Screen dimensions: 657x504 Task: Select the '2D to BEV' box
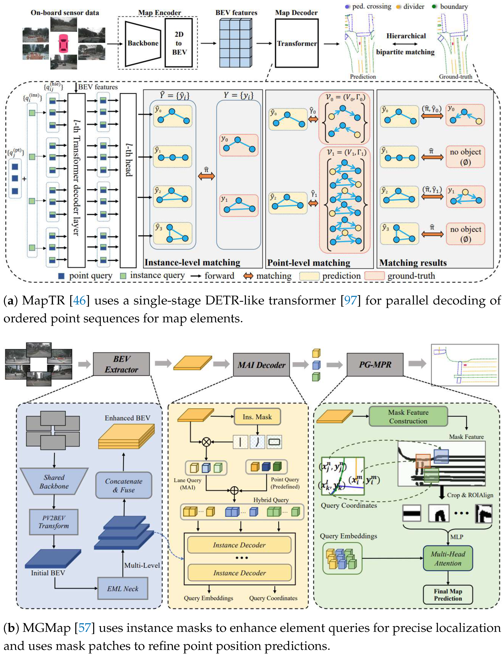point(179,43)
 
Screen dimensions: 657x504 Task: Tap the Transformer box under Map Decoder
point(296,43)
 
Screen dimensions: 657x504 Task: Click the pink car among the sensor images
point(63,43)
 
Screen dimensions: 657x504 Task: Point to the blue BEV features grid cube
point(236,42)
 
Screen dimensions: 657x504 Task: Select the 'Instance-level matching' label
point(192,262)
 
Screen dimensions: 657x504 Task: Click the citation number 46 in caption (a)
point(80,300)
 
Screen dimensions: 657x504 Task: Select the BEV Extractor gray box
point(121,364)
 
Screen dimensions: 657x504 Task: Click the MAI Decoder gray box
point(261,365)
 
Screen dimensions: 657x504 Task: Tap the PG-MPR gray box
point(375,365)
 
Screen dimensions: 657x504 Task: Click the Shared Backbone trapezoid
point(54,482)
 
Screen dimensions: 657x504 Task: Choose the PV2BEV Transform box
point(54,522)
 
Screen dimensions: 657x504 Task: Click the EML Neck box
point(123,589)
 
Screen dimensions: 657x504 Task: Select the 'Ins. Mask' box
point(257,417)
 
